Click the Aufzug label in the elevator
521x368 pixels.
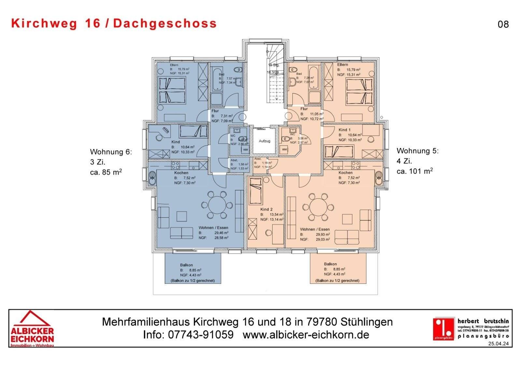click(264, 141)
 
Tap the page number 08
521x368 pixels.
click(503, 24)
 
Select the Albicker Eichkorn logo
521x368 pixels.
click(32, 329)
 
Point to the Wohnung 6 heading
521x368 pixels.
click(111, 152)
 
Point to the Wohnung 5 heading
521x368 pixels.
click(417, 151)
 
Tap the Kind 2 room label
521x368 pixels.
click(266, 209)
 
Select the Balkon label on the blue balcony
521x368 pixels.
click(186, 265)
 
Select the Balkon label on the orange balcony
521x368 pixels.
click(330, 264)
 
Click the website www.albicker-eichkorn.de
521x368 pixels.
click(306, 335)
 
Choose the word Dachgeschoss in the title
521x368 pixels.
click(165, 23)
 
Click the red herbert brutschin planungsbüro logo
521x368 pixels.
click(443, 328)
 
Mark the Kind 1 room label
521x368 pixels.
click(345, 130)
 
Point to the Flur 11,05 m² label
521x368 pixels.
click(304, 109)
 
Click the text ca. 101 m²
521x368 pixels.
click(415, 171)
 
